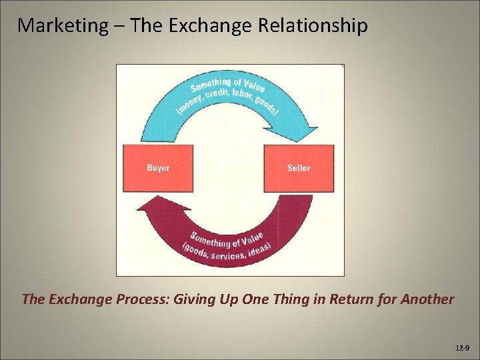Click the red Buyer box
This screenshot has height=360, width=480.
point(158,168)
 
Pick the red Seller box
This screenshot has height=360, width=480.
point(299,168)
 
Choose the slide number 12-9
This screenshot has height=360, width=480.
point(461,348)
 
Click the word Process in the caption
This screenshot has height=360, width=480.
point(140,299)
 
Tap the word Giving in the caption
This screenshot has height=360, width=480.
point(194,299)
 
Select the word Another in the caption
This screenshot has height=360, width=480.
point(427,299)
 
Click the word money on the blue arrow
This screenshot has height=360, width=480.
point(189,105)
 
